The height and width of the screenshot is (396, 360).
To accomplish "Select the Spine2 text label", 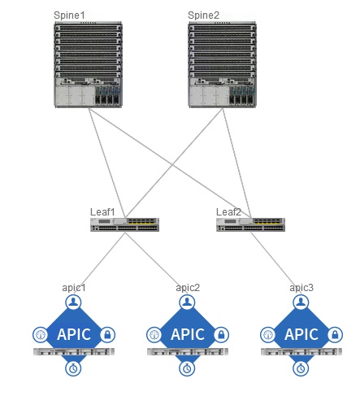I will (203, 15).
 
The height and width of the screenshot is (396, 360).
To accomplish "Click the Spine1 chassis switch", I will (89, 65).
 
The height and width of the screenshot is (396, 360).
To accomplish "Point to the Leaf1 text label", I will (102, 211).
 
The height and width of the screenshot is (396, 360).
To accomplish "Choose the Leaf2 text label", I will (228, 211).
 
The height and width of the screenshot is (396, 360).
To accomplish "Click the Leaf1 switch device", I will (124, 224).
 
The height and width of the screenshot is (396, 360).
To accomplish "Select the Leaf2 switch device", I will (250, 224).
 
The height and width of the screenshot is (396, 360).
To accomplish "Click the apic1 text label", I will (74, 288).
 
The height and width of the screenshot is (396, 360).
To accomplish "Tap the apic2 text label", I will (188, 288).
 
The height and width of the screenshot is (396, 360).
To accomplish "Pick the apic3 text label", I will (301, 288).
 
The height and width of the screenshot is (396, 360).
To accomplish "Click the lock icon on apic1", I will (108, 334).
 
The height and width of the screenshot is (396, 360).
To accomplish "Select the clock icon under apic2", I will (188, 368).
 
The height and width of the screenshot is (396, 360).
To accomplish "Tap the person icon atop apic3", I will (301, 302).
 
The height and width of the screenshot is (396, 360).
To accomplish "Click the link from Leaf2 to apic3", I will (279, 259).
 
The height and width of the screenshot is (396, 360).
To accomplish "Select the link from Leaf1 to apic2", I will (154, 259).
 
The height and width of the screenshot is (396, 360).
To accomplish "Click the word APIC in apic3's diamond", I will (301, 334).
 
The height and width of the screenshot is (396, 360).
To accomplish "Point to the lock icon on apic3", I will (336, 334).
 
